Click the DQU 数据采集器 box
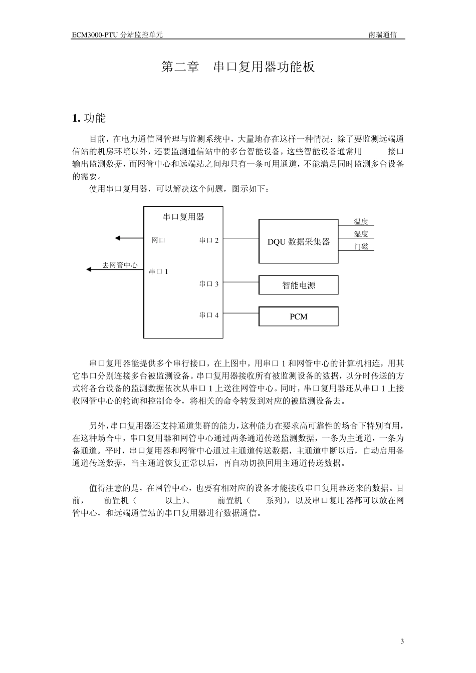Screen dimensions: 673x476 click(298, 241)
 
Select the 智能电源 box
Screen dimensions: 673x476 click(298, 285)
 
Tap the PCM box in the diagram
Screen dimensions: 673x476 click(298, 316)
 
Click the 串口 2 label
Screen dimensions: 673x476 click(209, 240)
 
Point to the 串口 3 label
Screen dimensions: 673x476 click(209, 284)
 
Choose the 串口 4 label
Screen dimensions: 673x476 click(209, 315)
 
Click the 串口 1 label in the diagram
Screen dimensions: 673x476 click(158, 271)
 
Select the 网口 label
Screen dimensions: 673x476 click(158, 240)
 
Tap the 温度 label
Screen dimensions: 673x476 click(361, 222)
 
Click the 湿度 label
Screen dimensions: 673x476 click(361, 234)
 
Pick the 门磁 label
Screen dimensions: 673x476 click(361, 246)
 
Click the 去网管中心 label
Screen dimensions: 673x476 click(120, 265)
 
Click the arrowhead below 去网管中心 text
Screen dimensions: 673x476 click(89, 269)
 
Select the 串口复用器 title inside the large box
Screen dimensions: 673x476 click(183, 217)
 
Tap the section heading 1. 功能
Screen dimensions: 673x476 click(89, 118)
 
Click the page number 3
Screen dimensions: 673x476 click(402, 641)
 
